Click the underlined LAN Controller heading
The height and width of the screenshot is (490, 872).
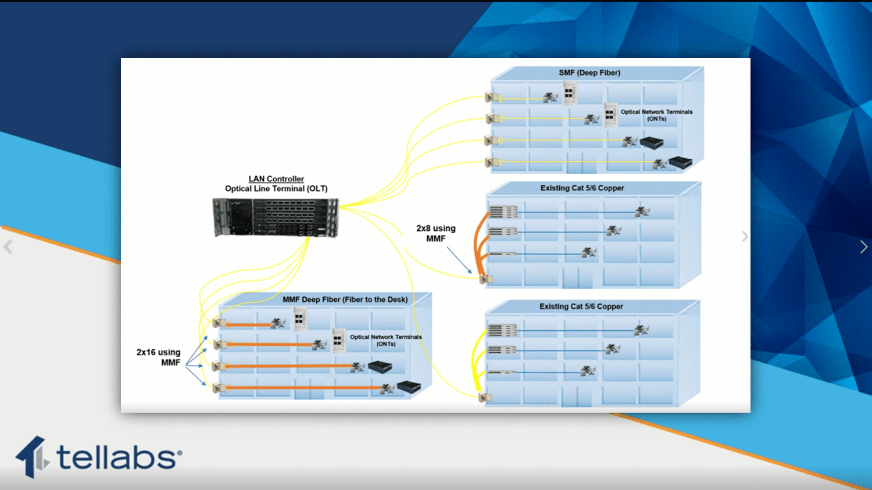point(276,179)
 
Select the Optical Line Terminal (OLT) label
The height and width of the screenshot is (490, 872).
point(276,189)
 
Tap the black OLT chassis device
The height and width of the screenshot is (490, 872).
point(276,217)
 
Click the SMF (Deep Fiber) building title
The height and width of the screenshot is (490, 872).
point(589,73)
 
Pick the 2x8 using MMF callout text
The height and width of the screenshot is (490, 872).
point(436,234)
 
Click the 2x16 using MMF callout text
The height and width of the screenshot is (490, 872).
point(159,357)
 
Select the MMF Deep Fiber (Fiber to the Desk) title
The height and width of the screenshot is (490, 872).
point(345,299)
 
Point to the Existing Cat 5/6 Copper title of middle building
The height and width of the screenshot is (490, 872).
point(582,188)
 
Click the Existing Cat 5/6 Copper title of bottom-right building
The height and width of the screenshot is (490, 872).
point(581,306)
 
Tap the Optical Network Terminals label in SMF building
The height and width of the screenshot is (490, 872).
point(656,115)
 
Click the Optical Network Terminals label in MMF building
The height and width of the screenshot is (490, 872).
point(386,340)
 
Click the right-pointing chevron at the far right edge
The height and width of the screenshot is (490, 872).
point(863,246)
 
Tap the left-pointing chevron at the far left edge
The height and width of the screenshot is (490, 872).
point(8,246)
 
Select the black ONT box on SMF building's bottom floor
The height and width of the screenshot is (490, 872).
point(680,162)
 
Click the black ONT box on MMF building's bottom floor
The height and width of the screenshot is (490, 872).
point(409,387)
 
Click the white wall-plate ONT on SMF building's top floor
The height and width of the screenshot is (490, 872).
point(569,92)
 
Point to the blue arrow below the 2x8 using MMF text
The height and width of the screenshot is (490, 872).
point(459,260)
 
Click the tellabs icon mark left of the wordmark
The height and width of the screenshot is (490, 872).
point(32,457)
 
